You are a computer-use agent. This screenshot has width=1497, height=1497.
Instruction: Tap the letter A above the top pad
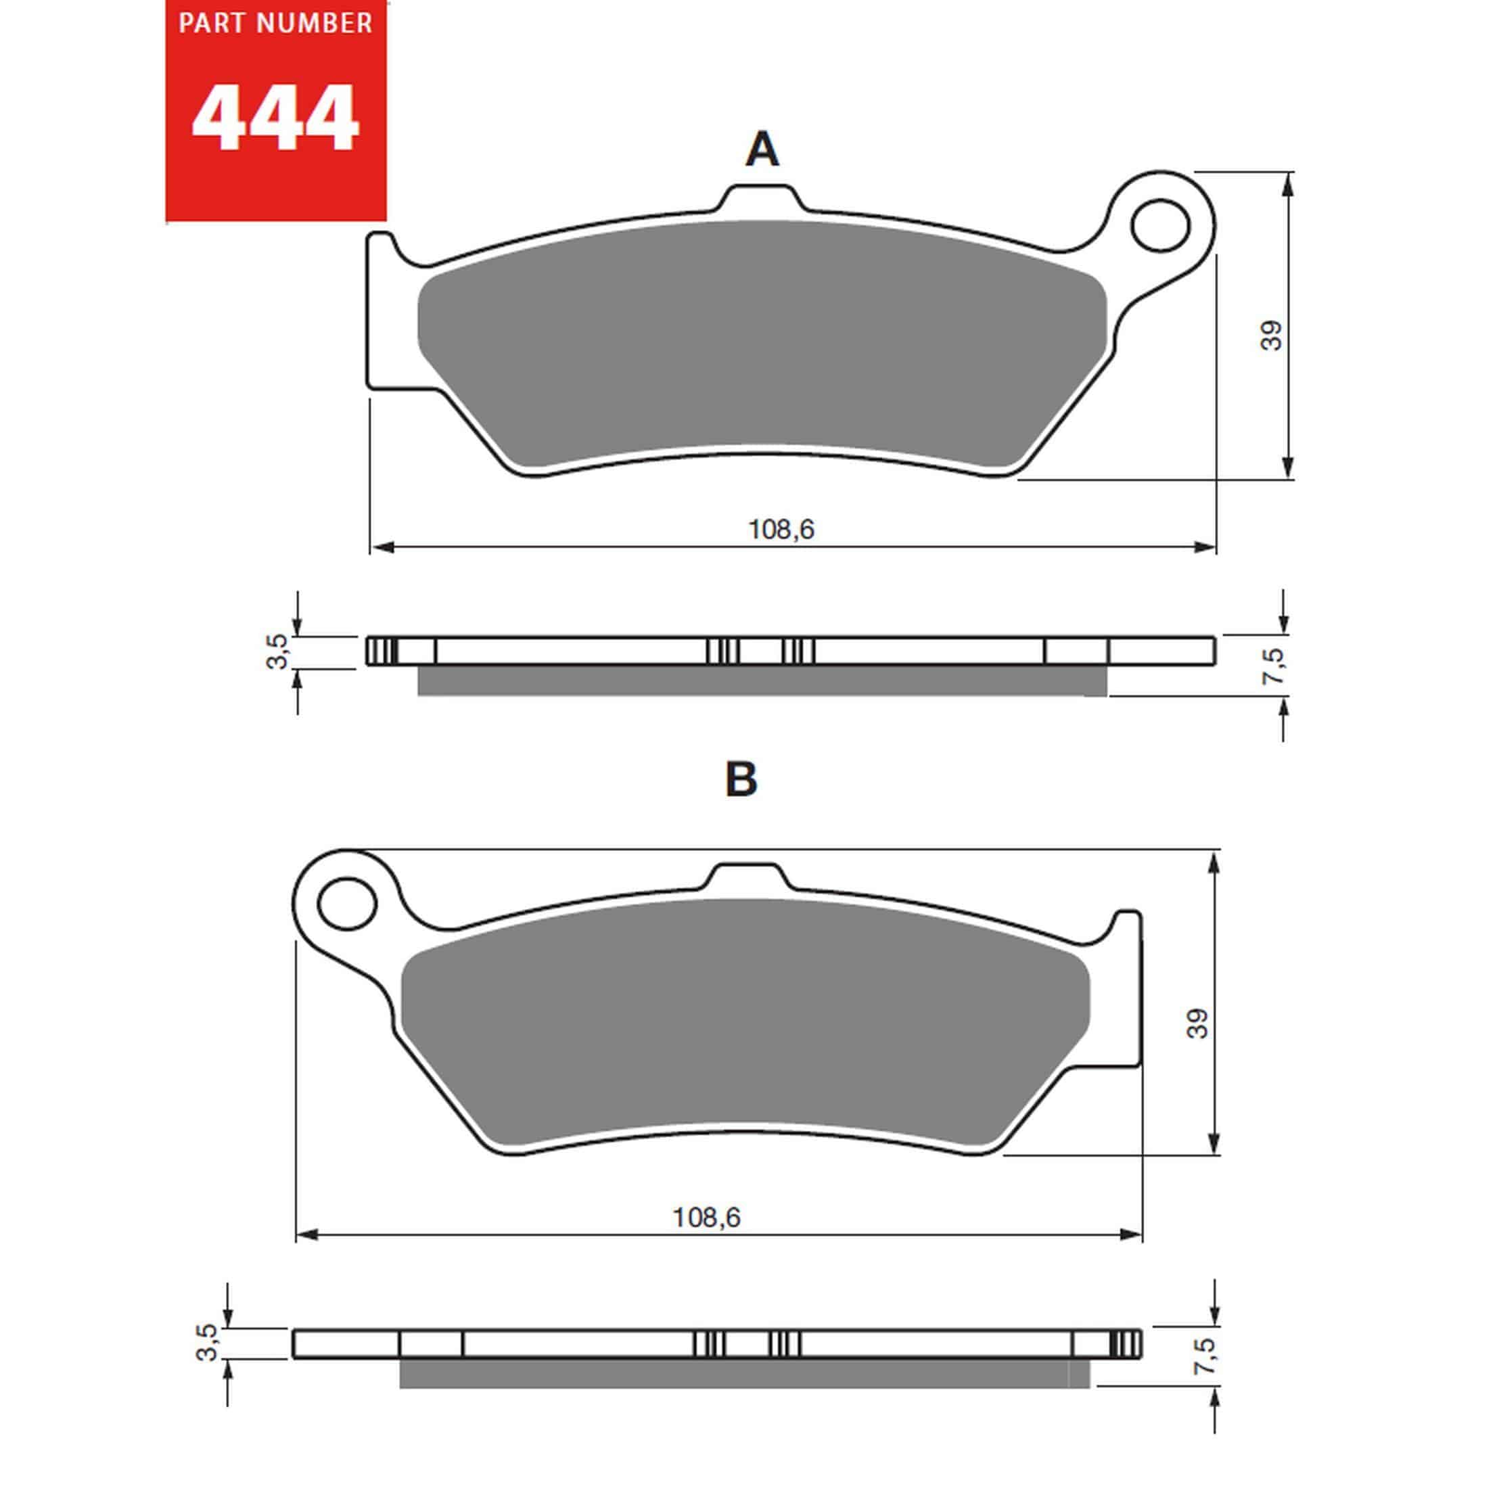762,149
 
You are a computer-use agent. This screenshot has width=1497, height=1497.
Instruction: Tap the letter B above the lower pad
741,779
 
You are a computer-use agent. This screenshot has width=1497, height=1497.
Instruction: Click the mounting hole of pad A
1159,225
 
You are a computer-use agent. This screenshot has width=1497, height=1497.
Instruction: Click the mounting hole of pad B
347,904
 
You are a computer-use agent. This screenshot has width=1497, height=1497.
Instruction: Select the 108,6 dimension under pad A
781,529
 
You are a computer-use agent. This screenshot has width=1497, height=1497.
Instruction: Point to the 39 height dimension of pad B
1198,1023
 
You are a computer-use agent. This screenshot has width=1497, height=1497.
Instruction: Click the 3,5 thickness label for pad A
277,651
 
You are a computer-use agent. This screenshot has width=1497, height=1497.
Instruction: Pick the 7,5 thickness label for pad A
1272,665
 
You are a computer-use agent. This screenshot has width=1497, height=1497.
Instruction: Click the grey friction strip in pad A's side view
762,681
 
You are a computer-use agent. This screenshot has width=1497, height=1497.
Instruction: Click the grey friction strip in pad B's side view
744,1373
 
